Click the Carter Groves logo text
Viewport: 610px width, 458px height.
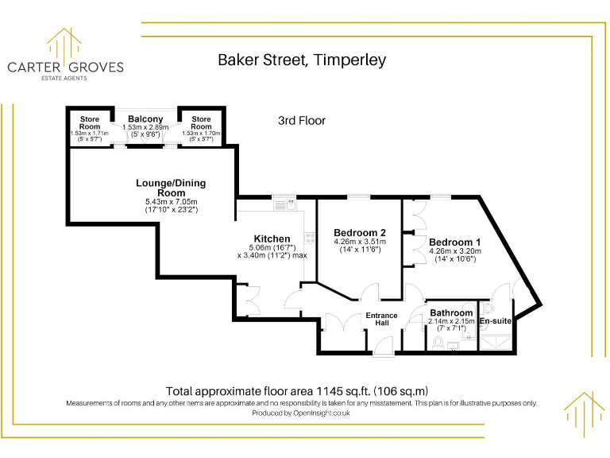click(65, 68)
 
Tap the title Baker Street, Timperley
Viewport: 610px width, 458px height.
click(302, 60)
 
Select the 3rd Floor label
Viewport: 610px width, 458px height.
click(302, 121)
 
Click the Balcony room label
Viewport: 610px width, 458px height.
click(145, 119)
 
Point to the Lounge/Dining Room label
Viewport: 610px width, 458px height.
click(170, 188)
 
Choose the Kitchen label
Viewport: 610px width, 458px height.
click(272, 239)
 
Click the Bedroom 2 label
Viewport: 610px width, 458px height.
click(360, 232)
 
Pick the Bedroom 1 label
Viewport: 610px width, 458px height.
click(454, 243)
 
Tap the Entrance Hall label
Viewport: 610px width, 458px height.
click(381, 320)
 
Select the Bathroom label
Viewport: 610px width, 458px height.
click(451, 313)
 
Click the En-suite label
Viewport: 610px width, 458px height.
click(495, 321)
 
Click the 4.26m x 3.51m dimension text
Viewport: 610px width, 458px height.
click(360, 242)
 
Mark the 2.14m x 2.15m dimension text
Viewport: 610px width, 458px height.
click(451, 321)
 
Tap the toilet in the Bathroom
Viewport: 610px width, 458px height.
click(438, 341)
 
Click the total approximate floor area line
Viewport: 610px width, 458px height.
click(297, 390)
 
